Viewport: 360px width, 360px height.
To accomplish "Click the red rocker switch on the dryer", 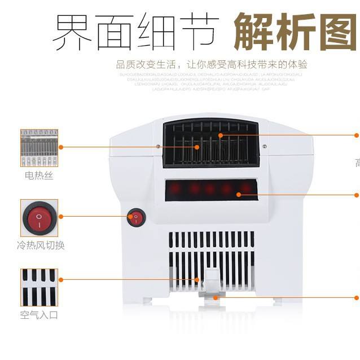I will [136, 217].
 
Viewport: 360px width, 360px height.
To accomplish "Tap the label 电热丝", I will [39, 176].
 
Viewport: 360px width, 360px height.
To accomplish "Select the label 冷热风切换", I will [40, 245].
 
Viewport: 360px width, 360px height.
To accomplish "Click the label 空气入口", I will [39, 315].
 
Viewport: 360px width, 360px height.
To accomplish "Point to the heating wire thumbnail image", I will [39, 147].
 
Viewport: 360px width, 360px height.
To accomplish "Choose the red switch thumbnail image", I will [39, 217].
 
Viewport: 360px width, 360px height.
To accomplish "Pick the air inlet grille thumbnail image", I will [39, 286].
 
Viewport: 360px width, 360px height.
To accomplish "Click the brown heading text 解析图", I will [296, 30].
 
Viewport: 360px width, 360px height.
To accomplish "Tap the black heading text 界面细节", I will [135, 30].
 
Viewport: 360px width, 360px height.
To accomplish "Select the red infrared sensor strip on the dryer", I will [211, 189].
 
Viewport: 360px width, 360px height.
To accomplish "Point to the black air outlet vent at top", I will [210, 144].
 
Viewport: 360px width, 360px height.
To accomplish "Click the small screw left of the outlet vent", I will [157, 146].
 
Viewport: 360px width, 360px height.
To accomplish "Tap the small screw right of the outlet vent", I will [265, 146].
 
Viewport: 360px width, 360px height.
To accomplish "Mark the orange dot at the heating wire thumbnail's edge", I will [60, 147].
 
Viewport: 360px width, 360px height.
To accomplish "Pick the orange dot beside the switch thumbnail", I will [60, 216].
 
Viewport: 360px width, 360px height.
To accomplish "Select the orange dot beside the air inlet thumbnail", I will [60, 279].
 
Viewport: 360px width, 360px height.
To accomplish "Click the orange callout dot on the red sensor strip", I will [239, 195].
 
